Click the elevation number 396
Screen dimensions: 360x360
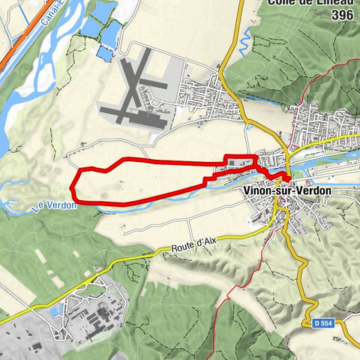click(x=343, y=15)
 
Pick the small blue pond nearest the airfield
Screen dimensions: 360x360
click(x=106, y=54)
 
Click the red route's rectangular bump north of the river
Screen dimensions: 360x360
click(x=240, y=157)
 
